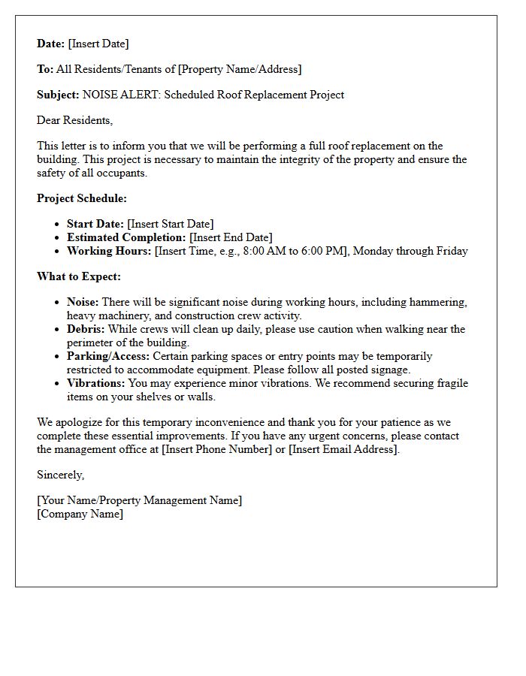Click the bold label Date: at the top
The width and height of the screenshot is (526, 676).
tap(51, 44)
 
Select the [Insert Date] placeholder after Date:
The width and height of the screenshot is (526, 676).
tap(98, 44)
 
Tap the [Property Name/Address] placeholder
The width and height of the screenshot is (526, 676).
tap(239, 69)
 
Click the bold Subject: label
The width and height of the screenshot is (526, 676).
tap(58, 95)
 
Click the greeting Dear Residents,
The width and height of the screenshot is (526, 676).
tap(74, 120)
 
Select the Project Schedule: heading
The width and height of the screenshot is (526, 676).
tap(82, 198)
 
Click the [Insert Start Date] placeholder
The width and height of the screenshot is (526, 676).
tap(171, 224)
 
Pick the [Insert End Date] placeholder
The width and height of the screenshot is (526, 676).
tap(231, 237)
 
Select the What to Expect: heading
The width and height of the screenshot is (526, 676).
tap(79, 276)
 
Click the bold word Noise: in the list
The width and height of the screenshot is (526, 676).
tap(83, 302)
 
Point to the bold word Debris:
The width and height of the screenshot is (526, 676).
tap(86, 329)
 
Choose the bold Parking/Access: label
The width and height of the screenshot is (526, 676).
tap(108, 356)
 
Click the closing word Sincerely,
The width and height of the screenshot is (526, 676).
tap(61, 475)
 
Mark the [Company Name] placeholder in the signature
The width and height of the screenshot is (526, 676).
tap(80, 514)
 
